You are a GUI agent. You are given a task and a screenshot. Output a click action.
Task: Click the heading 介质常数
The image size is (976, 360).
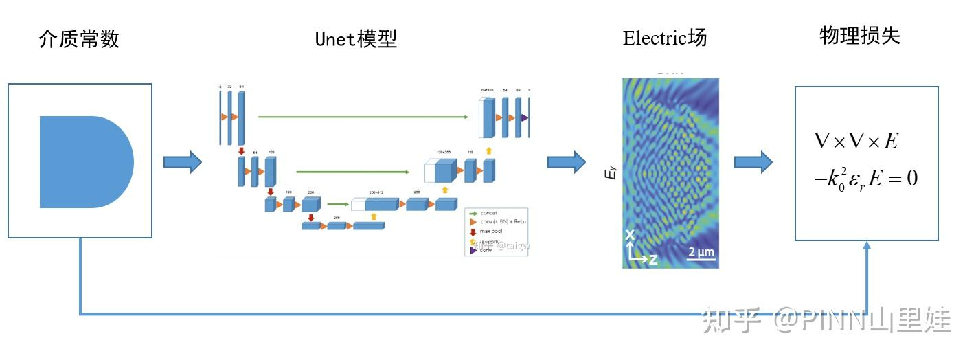[79, 39]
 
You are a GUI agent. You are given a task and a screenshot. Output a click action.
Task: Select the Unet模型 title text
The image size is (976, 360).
[356, 39]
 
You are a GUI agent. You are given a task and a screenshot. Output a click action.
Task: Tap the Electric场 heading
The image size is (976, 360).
[665, 38]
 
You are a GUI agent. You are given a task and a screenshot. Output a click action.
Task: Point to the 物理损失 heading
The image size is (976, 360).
[859, 36]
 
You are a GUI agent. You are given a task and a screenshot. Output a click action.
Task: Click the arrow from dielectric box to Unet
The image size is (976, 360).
[182, 162]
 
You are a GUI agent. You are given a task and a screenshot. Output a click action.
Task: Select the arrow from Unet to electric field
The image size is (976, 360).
[566, 162]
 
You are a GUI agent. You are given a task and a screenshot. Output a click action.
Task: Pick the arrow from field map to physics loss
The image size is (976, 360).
[753, 162]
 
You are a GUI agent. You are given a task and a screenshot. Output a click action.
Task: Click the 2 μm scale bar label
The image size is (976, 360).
[701, 252]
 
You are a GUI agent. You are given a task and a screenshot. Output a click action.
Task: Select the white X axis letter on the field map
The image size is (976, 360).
[630, 236]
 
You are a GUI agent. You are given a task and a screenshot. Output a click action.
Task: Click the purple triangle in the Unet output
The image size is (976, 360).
[524, 118]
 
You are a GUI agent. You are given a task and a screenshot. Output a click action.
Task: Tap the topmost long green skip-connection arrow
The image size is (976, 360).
[363, 117]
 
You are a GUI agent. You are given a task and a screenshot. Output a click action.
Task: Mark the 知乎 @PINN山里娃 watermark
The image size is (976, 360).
[824, 320]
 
